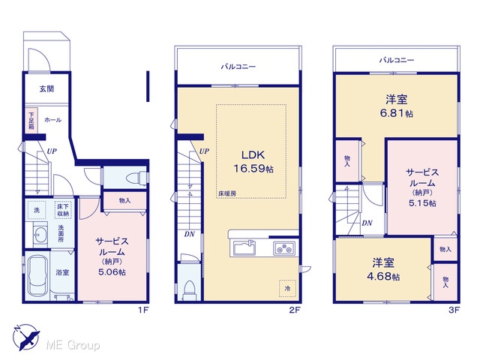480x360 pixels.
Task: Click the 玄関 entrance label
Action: tap(46, 88)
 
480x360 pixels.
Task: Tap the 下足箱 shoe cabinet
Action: tap(31, 120)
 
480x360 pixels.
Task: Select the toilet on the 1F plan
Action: tap(136, 178)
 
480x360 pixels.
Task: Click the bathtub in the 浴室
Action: tap(37, 276)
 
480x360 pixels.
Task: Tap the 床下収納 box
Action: tap(63, 210)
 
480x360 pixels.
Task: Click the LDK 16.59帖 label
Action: tap(253, 162)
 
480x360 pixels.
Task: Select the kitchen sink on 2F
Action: tap(244, 247)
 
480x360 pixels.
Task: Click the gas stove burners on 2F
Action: tap(284, 248)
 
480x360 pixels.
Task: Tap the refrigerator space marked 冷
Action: tap(287, 288)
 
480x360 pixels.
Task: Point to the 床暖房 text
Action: tap(226, 193)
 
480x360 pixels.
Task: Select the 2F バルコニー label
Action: tap(238, 67)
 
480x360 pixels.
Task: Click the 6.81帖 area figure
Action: tap(397, 113)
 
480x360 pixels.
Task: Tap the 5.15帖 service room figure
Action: tap(422, 203)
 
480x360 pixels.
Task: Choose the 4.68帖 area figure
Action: tap(383, 277)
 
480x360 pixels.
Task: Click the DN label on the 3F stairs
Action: tap(367, 223)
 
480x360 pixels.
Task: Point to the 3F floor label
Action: tap(454, 310)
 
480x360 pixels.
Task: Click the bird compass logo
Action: tap(26, 337)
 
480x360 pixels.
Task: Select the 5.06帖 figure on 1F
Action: tap(112, 271)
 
